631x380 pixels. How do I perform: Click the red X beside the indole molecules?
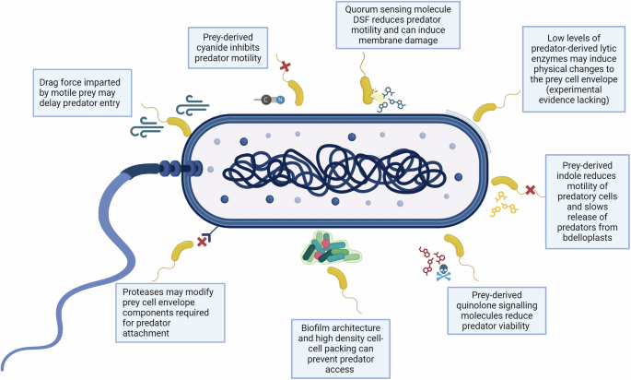(531, 190)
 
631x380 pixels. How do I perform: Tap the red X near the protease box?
(202, 242)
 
